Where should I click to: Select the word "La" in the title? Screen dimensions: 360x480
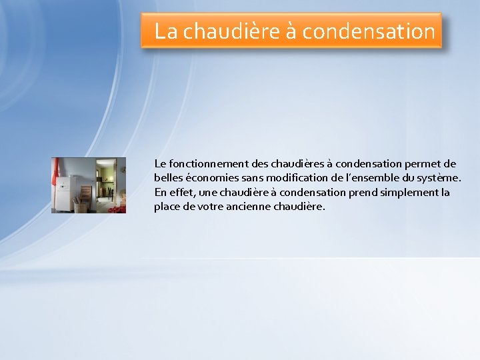click(166, 31)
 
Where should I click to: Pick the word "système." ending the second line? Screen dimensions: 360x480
click(439, 178)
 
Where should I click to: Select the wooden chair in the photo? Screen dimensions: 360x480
click(87, 193)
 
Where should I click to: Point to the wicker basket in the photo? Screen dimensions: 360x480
click(81, 206)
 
